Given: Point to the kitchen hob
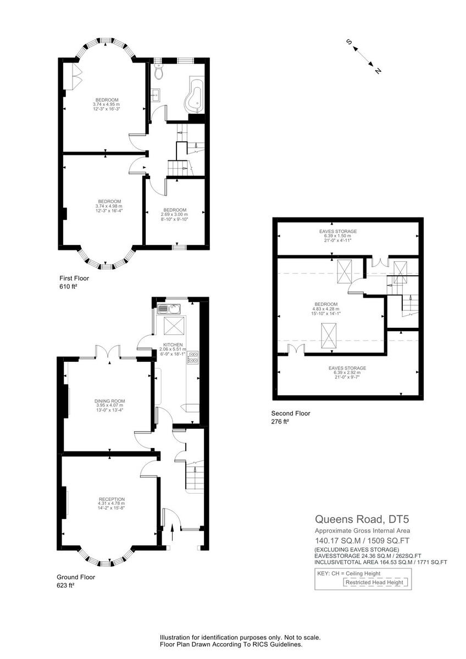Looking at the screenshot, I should [193, 359].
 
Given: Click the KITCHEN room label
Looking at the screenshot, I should [173, 345].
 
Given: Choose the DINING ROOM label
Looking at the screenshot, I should [106, 401].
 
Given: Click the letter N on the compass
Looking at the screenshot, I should [378, 71].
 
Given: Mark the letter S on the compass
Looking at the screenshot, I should [348, 42].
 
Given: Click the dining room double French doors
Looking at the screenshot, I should [107, 351].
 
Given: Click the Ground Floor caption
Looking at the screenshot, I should [76, 577].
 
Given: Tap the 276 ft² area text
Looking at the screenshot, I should [280, 422].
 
